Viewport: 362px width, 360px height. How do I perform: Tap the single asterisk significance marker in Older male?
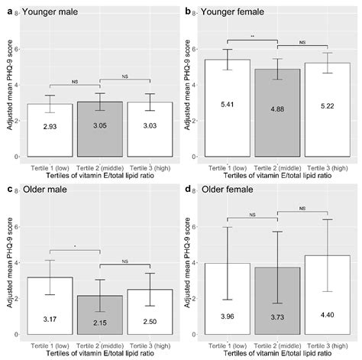[x=75, y=246]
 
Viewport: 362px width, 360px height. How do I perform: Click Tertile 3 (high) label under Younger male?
[x=150, y=165]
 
